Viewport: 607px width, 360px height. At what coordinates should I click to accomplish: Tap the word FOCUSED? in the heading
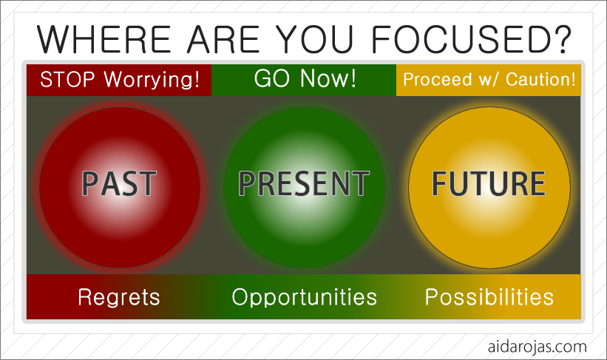coord(471,39)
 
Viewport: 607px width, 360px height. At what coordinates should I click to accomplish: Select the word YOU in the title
coord(315,39)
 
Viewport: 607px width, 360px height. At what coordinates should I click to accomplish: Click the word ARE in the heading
coord(223,39)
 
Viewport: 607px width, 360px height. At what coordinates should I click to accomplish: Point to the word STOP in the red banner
coord(67,80)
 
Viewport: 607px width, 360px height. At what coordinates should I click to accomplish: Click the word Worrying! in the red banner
coord(152,81)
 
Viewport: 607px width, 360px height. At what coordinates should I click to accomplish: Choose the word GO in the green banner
coord(272,78)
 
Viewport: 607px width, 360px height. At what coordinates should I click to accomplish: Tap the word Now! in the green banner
coord(328,78)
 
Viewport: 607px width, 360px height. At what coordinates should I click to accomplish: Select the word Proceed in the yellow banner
coord(438,80)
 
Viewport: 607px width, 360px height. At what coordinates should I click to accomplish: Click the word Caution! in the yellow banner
coord(540,80)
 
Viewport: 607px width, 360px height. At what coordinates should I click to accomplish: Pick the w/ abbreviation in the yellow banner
coord(489,80)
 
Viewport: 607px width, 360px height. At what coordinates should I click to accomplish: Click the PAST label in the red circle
coord(119,184)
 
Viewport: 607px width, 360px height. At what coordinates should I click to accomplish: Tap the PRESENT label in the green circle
coord(304,183)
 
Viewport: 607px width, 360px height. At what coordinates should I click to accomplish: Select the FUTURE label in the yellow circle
coord(489,183)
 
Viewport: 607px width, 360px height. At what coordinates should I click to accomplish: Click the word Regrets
coord(119,297)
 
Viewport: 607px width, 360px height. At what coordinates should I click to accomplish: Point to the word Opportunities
coord(305,298)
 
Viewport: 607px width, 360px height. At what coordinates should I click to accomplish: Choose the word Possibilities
coord(489,297)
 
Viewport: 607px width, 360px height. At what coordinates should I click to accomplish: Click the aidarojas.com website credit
coord(538,347)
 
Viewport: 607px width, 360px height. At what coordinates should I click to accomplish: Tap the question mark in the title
coord(561,38)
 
